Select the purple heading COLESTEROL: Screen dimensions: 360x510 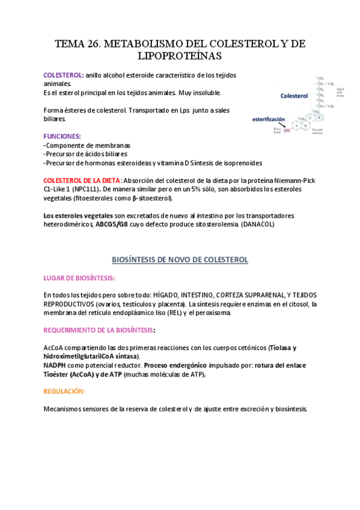[64, 75]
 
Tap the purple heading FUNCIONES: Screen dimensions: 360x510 [63, 137]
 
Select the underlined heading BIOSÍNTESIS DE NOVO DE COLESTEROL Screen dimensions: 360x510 [180, 259]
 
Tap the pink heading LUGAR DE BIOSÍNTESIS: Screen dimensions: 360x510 [79, 278]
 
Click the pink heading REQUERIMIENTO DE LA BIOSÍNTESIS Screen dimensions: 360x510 [99, 330]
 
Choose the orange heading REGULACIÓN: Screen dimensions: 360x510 [64, 391]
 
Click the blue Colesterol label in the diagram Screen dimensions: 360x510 [294, 96]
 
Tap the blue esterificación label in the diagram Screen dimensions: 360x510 [268, 119]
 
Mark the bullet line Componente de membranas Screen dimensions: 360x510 [88, 146]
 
